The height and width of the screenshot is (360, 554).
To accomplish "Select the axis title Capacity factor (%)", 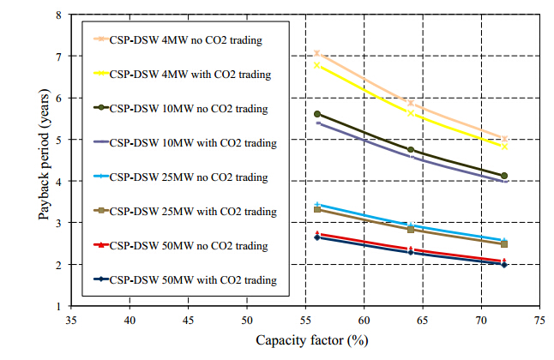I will pos(305,341).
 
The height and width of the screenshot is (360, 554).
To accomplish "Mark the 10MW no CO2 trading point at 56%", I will pos(317,114).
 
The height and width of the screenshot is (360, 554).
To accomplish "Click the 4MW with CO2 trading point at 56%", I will pos(317,64).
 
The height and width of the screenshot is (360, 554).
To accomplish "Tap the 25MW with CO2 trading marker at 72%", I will pos(504,244).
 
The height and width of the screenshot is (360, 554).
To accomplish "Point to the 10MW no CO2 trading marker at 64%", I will pos(411,150).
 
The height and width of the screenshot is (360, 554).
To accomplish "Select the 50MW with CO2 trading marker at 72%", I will pos(504,265).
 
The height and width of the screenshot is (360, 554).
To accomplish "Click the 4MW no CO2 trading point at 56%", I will pos(317,53).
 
